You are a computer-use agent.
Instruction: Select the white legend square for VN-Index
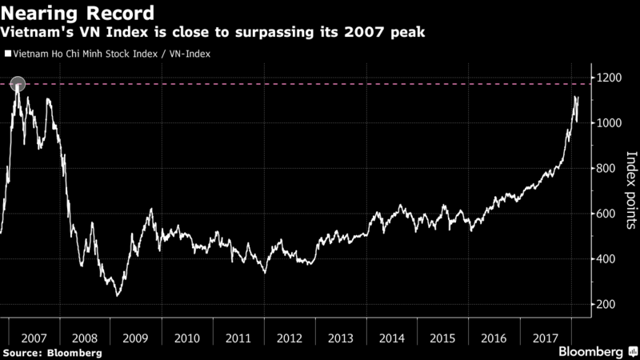pos(8,54)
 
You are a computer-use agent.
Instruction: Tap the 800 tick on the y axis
pos(607,169)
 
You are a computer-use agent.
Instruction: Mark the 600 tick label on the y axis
pos(607,214)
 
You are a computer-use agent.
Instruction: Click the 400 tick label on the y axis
pos(607,260)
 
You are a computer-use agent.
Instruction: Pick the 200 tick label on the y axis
pos(607,306)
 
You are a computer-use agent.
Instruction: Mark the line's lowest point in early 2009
pos(118,295)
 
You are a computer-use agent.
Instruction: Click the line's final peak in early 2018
pos(575,97)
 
